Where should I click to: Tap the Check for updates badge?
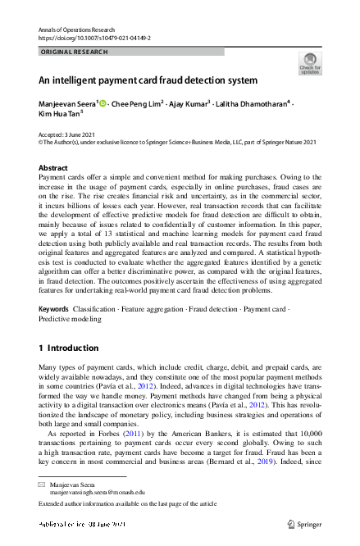click(x=310, y=63)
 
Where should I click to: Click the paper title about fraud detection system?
click(x=148, y=80)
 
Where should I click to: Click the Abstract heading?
click(x=53, y=167)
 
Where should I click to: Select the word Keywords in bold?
click(x=53, y=309)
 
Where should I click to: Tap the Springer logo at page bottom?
click(x=303, y=523)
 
